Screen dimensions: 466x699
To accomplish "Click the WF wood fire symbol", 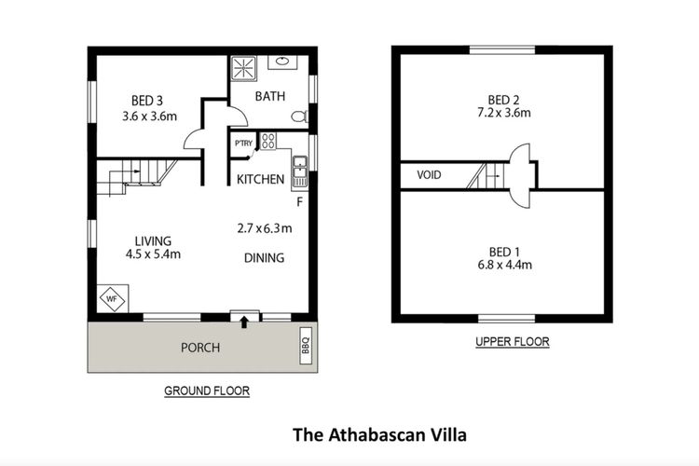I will point(111,300).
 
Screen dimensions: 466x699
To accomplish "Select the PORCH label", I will point(200,348).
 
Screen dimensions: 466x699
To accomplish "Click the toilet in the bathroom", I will point(299,116).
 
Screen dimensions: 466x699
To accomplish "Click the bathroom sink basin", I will point(281,62).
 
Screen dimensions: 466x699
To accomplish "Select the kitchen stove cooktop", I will point(267,142).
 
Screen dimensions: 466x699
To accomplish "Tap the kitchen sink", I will point(300,170).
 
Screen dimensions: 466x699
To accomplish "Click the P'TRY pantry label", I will point(243,143).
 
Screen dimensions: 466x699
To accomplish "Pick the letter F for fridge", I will point(299,200).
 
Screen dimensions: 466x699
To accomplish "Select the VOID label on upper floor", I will point(429,174).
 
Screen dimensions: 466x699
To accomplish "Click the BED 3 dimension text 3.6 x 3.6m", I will point(149,116).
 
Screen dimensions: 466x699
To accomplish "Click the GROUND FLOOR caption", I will point(206,391).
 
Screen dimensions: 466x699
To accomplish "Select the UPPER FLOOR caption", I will point(512,342).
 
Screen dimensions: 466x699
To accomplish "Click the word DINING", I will point(264,258).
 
